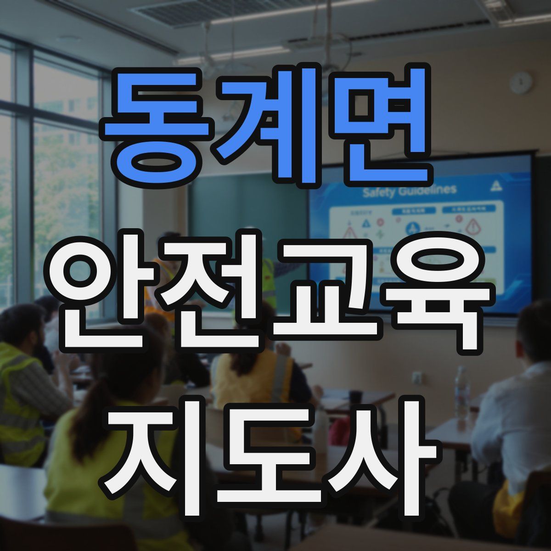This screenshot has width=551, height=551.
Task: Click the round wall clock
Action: point(521,83)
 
